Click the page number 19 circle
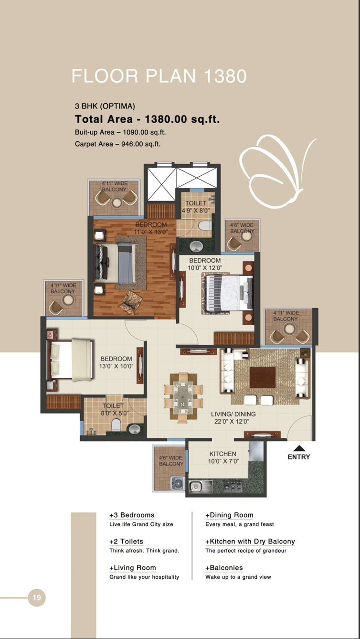pos(37,597)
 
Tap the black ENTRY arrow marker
pos(299,448)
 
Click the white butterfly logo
pos(277,172)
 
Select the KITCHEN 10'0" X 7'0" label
pos(223,458)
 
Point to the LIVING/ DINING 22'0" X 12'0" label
pos(233,418)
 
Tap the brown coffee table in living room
pos(262,377)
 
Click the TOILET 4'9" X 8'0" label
pos(196,207)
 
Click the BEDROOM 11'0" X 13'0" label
pos(151,228)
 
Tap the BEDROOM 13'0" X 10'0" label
pos(116,362)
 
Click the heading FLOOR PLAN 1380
pos(159,76)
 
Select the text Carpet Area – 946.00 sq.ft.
pos(117,144)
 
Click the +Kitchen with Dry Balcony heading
pos(250,542)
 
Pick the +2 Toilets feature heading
pos(126,542)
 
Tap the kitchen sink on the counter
pos(195,487)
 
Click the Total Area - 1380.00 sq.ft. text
pos(147,119)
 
